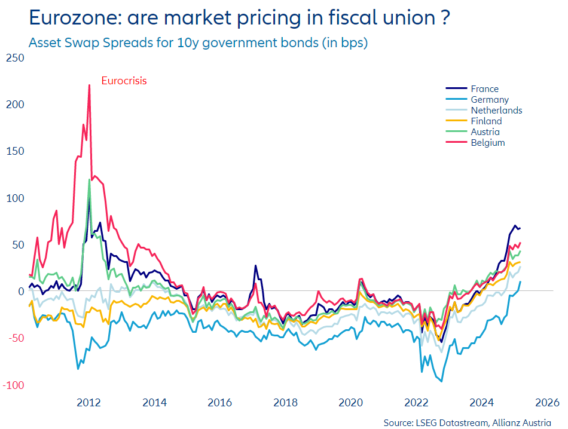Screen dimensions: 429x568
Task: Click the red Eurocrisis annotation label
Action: [x=124, y=81]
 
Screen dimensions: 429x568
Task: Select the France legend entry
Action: [x=484, y=89]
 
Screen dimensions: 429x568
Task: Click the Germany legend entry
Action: [x=489, y=100]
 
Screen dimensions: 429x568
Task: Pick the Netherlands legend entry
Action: [x=496, y=111]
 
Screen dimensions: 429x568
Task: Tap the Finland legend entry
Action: [x=486, y=121]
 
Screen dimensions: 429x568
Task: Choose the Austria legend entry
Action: [x=485, y=132]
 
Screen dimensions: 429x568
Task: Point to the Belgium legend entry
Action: [x=487, y=143]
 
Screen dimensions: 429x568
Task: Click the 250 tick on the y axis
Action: [x=14, y=58]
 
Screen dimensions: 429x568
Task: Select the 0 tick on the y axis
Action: [x=20, y=292]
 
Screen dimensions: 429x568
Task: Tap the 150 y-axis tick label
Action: [x=14, y=151]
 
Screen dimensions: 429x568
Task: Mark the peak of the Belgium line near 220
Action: [x=89, y=85]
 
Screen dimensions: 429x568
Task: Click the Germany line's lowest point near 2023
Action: [x=442, y=381]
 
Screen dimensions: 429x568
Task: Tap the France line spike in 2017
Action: [x=255, y=266]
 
